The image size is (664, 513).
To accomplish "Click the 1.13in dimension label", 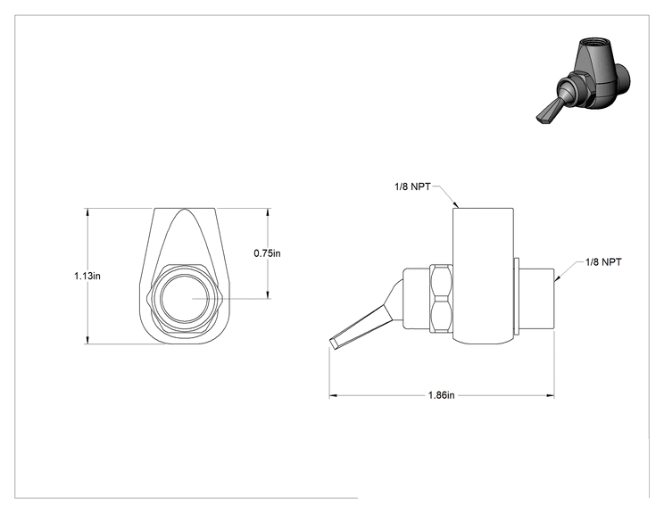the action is click(x=87, y=276).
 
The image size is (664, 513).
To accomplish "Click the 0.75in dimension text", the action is click(x=267, y=253).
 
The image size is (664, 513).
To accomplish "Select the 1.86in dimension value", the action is click(x=441, y=395).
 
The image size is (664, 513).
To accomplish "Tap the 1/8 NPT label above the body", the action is click(x=412, y=186).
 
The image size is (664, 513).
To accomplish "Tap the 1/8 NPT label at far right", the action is click(x=603, y=262).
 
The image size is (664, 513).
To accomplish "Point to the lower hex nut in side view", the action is click(x=441, y=314).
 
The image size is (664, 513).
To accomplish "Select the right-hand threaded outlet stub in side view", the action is click(x=536, y=298).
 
